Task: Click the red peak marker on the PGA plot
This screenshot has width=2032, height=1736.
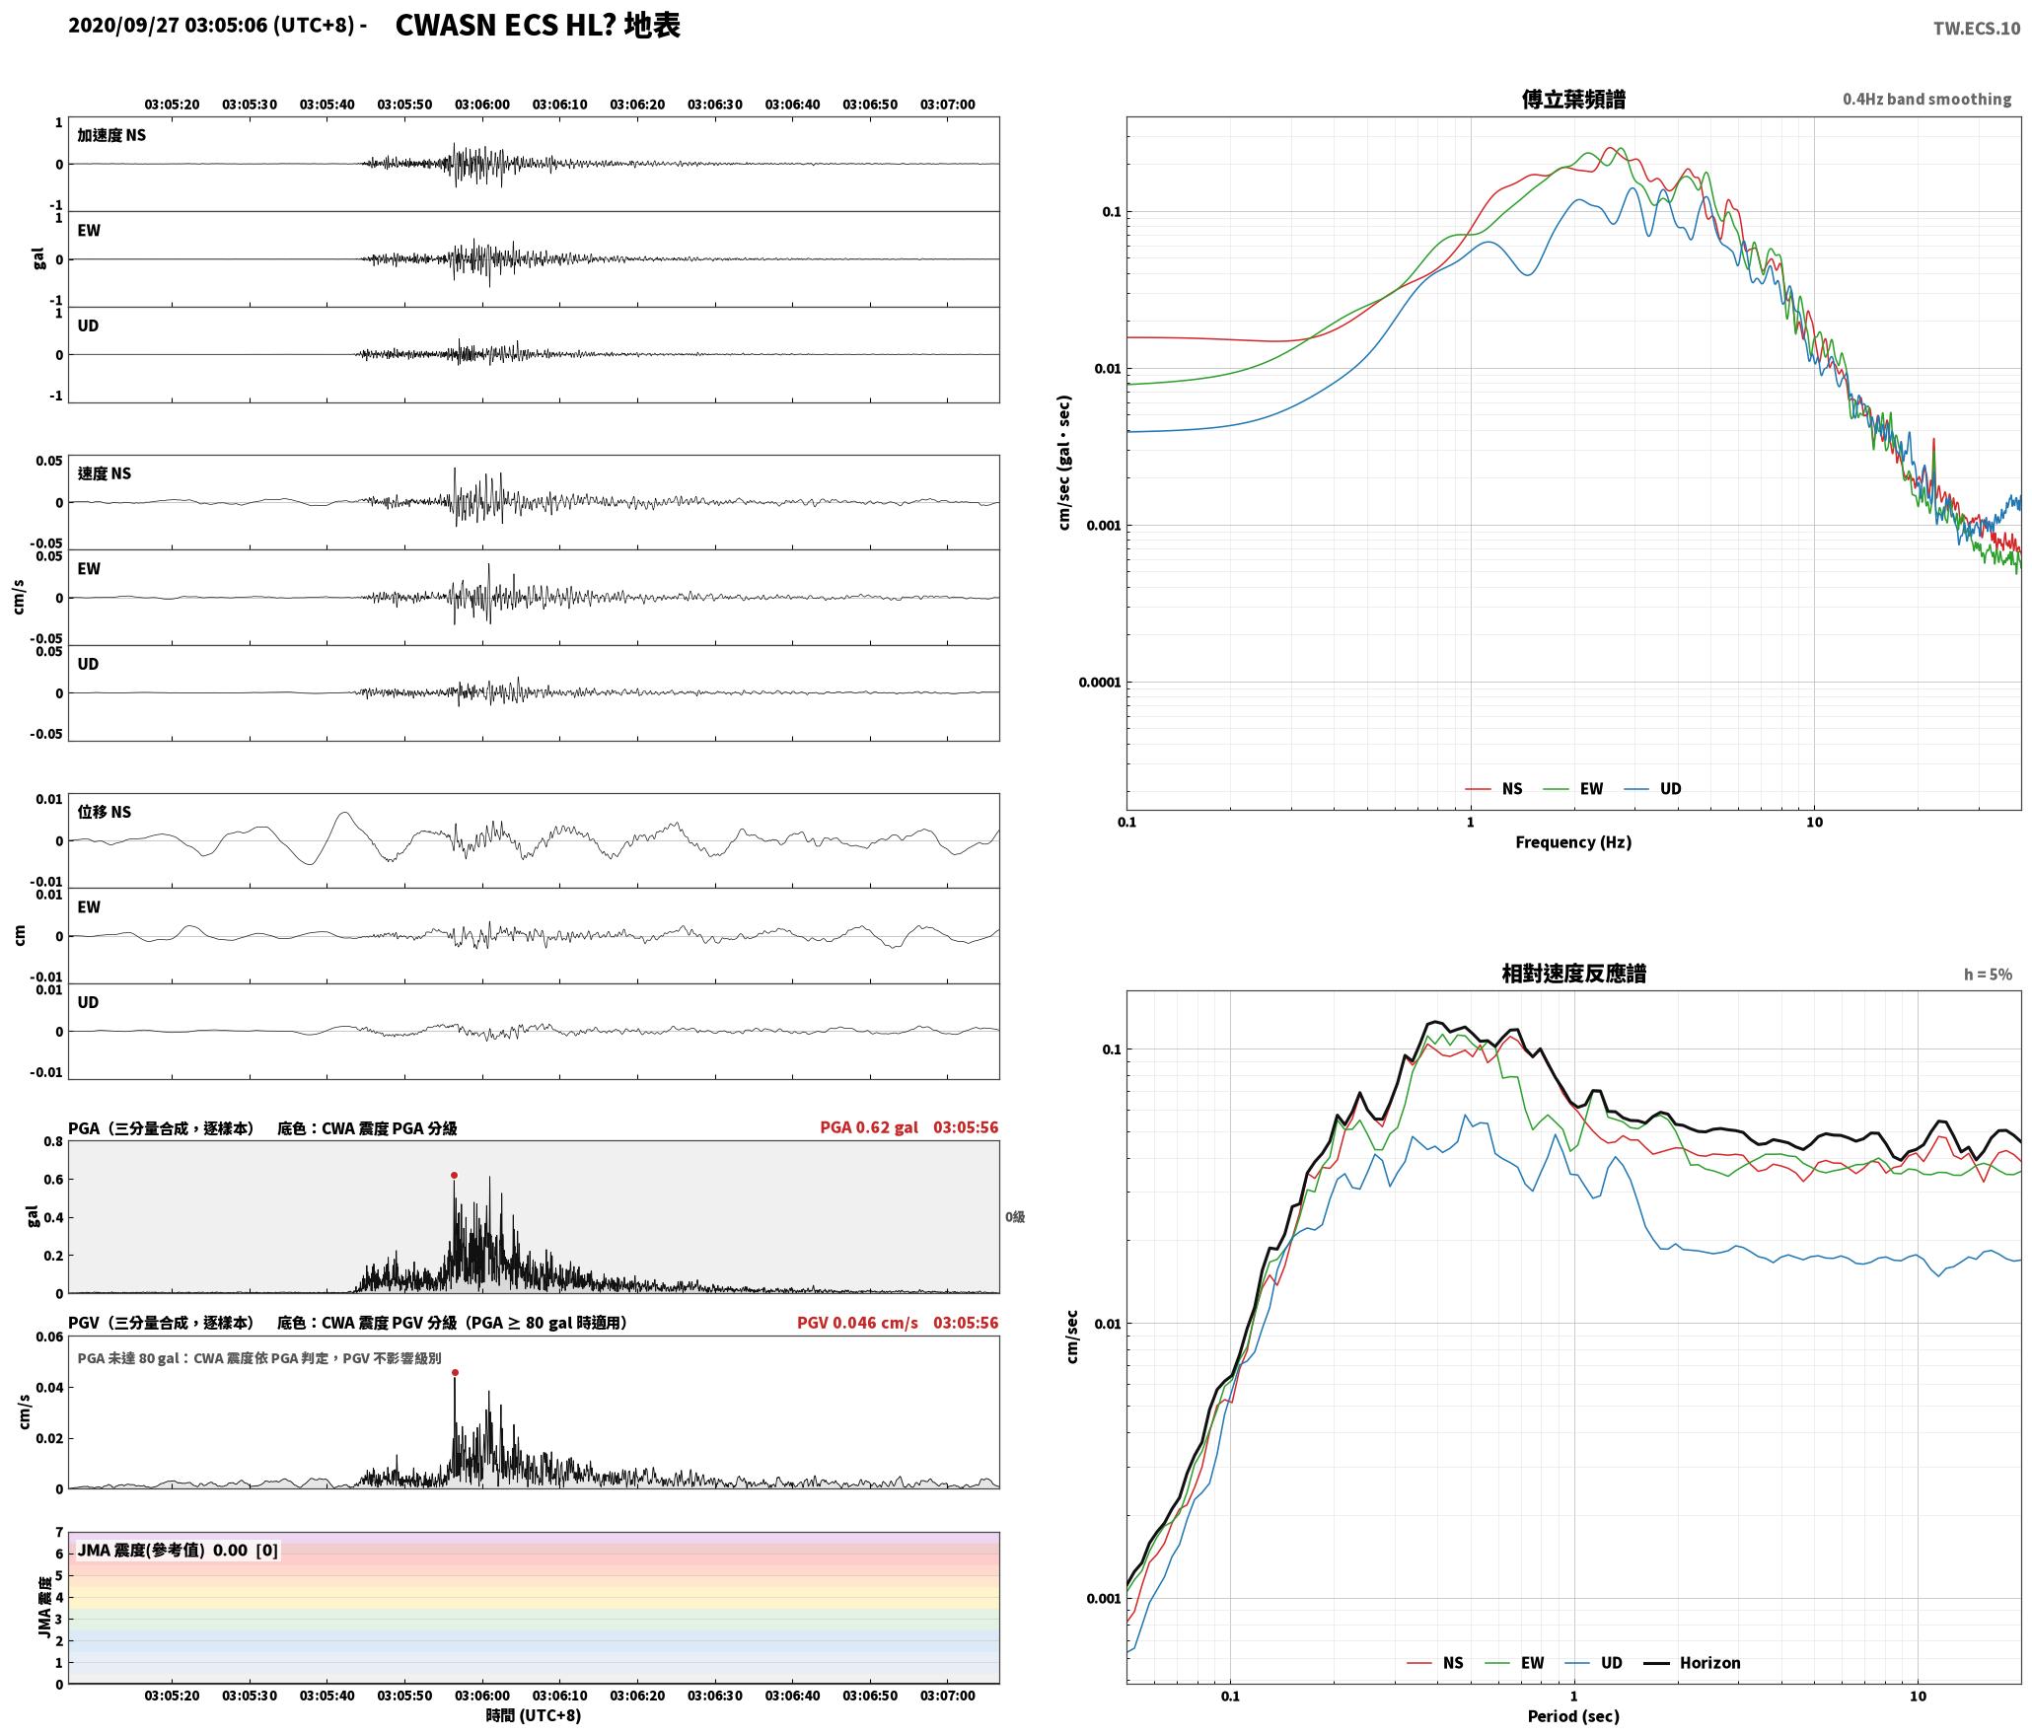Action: (x=454, y=1175)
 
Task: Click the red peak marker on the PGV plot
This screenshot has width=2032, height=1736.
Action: (x=455, y=1372)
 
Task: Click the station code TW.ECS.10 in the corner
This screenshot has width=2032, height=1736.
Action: (x=1976, y=29)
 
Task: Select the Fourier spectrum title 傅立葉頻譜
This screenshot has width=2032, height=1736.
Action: (x=1573, y=99)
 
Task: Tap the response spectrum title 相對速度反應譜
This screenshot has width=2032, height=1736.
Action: (x=1573, y=974)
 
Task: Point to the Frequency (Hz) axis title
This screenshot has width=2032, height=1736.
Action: (x=1573, y=841)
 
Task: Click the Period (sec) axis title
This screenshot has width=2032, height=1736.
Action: (x=1573, y=1715)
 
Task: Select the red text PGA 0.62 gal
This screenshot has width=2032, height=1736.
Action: (x=868, y=1126)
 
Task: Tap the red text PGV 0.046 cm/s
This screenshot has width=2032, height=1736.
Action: (x=857, y=1322)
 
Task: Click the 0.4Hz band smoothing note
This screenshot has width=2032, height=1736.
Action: (x=1926, y=99)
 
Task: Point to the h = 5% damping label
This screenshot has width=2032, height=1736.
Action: (x=1988, y=974)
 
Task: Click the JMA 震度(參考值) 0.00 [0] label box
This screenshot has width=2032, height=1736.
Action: (x=178, y=1550)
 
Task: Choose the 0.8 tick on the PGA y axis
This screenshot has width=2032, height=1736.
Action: (x=53, y=1141)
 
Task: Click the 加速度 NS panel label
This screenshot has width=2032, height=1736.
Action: (x=111, y=135)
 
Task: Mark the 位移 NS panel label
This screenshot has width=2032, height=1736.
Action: (x=105, y=812)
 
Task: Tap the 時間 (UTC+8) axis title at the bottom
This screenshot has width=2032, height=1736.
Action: (x=533, y=1715)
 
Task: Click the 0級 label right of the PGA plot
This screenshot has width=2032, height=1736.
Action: (x=1015, y=1216)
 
